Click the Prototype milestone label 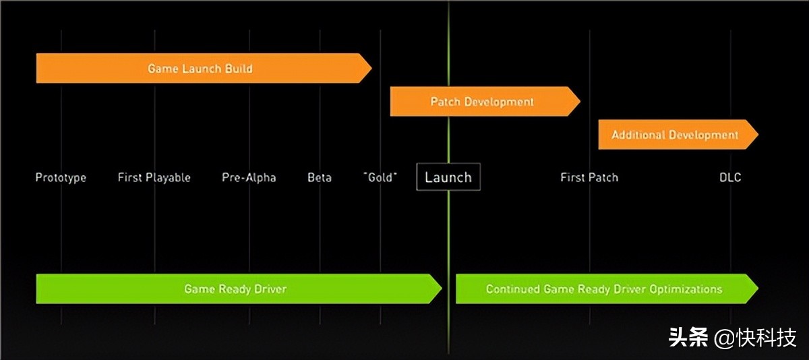61,178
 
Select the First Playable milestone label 154,178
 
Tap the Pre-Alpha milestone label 249,178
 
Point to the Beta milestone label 320,178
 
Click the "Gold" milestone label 380,177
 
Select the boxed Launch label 448,177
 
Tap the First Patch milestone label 589,178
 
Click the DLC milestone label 729,178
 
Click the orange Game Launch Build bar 200,69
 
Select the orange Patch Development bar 482,102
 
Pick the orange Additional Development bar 675,135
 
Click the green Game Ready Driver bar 235,289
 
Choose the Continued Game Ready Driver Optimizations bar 603,289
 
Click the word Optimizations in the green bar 686,289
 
